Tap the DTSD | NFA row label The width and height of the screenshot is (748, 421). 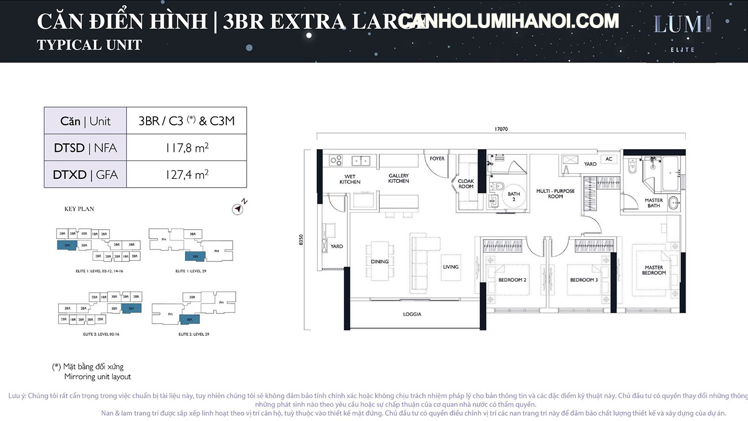coord(86,148)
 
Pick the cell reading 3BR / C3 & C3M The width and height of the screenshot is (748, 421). coord(186,121)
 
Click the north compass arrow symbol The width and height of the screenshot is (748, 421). coord(238,208)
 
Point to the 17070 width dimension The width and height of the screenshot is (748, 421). coord(501,129)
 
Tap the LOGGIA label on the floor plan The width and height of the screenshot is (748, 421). coord(412,314)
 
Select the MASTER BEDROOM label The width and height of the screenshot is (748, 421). coord(653,270)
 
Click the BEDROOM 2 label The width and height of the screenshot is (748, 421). coord(512,280)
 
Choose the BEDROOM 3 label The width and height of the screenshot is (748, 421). coord(584,280)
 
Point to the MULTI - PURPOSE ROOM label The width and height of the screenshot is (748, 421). coord(555,194)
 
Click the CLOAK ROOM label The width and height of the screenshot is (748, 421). coord(465,183)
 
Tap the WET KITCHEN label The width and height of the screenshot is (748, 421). coord(350,179)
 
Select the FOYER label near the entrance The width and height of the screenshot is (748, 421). coord(437,158)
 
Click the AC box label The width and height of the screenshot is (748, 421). coord(608,159)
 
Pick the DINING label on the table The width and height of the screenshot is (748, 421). coord(380,261)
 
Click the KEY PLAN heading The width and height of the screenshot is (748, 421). coord(79,209)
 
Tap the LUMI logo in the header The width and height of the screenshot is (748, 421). coord(682,25)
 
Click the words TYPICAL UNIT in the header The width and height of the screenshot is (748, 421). coord(89,45)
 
